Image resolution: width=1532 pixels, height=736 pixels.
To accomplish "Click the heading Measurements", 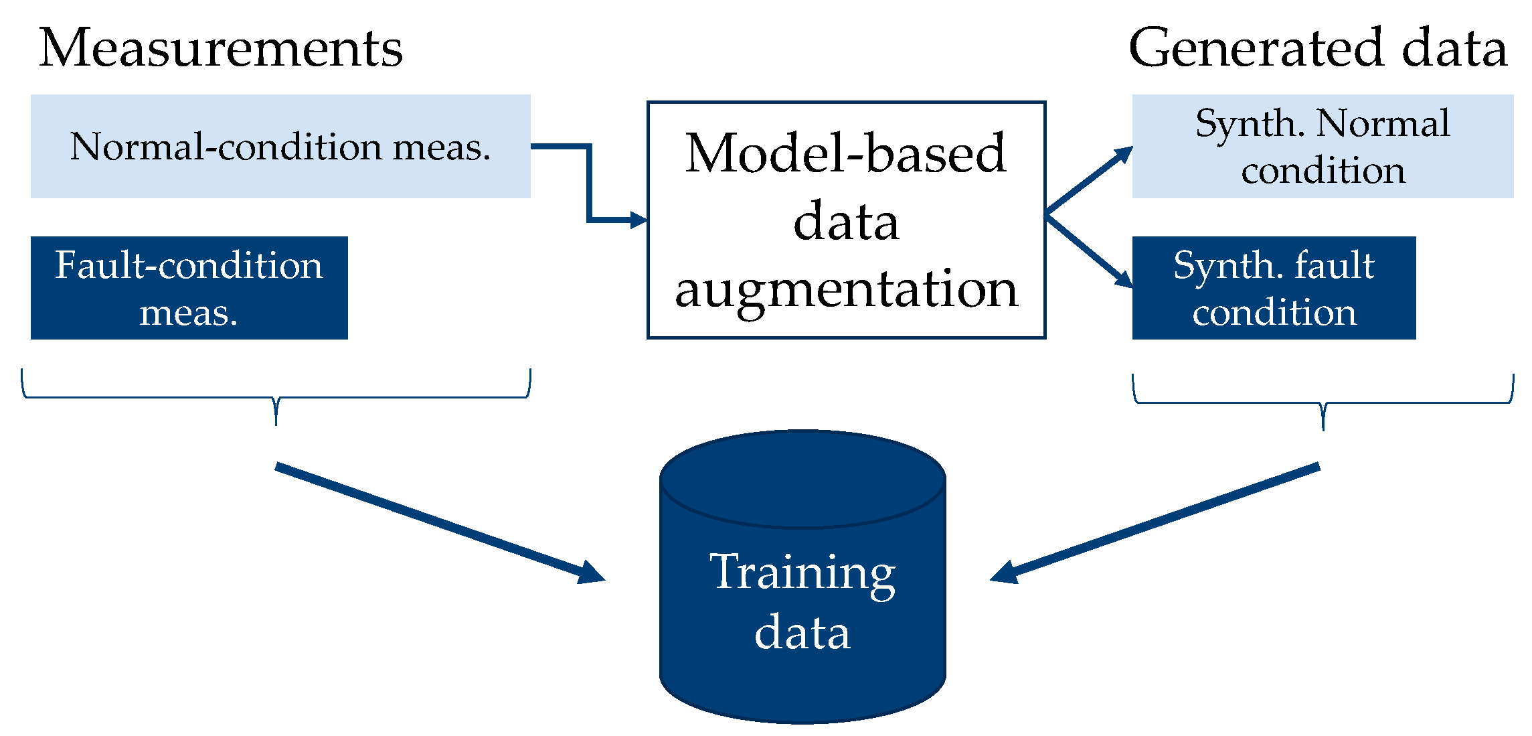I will (x=221, y=48).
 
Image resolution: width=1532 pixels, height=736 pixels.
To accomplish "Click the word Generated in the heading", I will (x=1256, y=48).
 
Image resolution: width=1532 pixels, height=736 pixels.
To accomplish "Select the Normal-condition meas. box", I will (x=280, y=146).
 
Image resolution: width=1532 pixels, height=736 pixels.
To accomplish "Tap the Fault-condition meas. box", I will (x=189, y=288).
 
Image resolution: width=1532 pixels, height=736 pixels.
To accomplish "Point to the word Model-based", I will (x=845, y=153).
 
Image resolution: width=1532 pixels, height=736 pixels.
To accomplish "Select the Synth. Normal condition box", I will (x=1322, y=146).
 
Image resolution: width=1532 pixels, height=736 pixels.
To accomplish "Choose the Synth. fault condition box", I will (x=1273, y=288).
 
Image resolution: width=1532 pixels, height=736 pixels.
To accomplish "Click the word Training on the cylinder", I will (x=802, y=573).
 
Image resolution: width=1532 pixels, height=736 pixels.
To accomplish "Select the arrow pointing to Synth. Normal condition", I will (x=1090, y=180).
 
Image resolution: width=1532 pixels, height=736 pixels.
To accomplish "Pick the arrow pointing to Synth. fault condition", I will (x=1090, y=252).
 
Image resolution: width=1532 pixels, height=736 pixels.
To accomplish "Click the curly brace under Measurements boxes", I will (x=276, y=398).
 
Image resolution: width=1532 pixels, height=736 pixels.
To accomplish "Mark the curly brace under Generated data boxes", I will (x=1323, y=403).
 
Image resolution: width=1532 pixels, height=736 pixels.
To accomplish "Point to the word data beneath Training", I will (x=802, y=633).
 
